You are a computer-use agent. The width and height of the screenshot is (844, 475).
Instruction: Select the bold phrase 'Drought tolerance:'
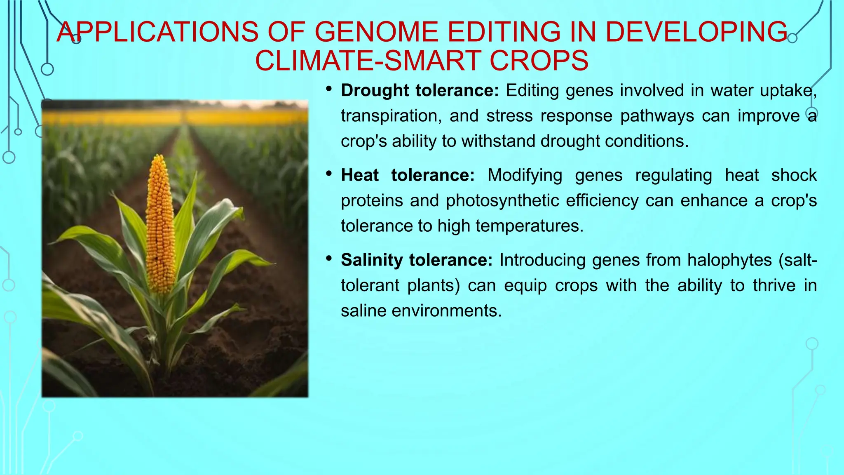(x=420, y=91)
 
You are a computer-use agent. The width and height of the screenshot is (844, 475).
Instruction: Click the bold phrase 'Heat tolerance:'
(x=408, y=176)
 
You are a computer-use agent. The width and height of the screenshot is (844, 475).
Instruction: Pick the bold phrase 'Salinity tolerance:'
(x=416, y=260)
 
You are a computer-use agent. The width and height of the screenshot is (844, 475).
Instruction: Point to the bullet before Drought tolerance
(x=328, y=89)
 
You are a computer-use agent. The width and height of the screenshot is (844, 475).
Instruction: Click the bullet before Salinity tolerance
(x=328, y=259)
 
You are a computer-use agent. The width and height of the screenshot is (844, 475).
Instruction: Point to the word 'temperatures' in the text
(x=528, y=226)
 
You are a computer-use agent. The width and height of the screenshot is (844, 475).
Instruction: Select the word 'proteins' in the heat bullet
(x=371, y=201)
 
